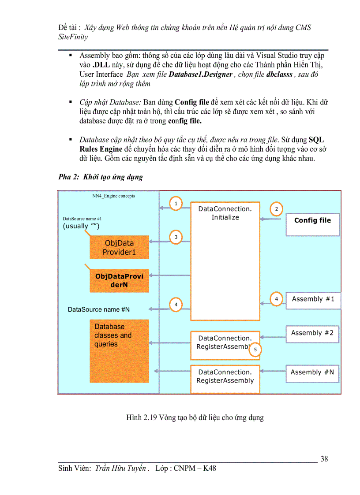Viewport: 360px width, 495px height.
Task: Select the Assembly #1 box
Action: click(313, 300)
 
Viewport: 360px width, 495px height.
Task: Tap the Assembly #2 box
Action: click(312, 334)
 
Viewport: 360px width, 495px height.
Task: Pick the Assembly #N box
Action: click(312, 373)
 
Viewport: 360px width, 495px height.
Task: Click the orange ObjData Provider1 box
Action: click(119, 247)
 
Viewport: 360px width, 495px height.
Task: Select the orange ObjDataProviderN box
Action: click(119, 281)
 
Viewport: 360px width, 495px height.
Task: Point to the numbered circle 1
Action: click(176, 203)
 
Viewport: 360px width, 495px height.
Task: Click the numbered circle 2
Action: click(276, 208)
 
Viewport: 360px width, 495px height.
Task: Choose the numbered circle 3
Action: click(176, 237)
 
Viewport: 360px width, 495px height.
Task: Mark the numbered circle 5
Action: click(255, 350)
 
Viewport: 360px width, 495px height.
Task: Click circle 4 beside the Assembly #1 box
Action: click(276, 299)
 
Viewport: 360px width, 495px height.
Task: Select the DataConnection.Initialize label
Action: click(225, 213)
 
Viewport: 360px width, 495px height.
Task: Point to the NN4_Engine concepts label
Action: click(113, 196)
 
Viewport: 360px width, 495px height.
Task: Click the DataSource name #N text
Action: click(99, 309)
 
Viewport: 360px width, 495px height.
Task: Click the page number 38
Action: click(324, 459)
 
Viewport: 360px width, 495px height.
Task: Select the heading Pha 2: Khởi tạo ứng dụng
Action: click(101, 177)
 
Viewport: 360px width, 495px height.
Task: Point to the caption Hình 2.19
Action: click(195, 417)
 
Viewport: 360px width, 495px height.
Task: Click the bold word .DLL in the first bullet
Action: click(101, 65)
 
